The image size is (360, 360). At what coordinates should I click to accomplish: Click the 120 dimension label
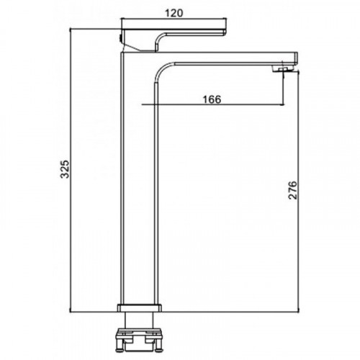click(x=174, y=13)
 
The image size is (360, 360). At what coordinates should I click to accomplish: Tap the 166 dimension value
click(x=212, y=99)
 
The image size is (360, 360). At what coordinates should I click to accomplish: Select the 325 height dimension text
click(x=64, y=169)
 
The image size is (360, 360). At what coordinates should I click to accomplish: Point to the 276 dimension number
click(x=292, y=190)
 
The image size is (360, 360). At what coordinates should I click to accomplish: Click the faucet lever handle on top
click(x=174, y=32)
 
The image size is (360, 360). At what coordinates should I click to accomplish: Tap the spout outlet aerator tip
click(x=284, y=69)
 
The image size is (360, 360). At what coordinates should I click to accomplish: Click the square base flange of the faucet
click(x=140, y=308)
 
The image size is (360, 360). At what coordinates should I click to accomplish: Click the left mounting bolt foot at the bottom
click(x=120, y=348)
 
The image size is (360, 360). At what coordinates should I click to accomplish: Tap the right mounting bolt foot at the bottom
click(x=158, y=348)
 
